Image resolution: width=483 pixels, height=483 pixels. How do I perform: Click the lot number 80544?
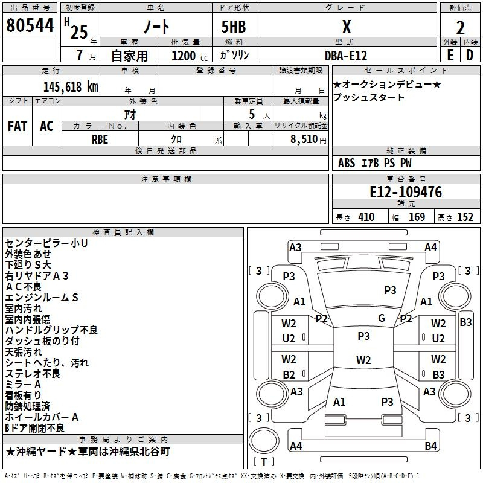coord(30,25)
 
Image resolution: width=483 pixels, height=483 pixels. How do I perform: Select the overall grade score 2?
coord(460,27)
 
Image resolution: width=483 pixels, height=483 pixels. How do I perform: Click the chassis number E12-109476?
coord(406,193)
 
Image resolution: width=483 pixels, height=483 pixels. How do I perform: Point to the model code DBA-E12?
coord(346,55)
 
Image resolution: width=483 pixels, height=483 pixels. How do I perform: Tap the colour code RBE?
coord(100,139)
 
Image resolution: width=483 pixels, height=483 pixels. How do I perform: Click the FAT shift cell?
coord(18,126)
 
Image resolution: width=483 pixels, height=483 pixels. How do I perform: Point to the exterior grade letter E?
coord(450,55)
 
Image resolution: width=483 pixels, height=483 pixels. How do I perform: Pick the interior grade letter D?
coord(470,55)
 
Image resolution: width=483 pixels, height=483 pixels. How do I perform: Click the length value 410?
coord(366,217)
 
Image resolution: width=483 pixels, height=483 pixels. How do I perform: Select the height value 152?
coord(465,217)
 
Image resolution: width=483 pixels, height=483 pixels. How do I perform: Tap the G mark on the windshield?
coord(381,318)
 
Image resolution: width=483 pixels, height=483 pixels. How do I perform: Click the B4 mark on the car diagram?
coord(430,446)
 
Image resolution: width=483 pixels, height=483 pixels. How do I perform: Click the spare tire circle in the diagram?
coord(264,442)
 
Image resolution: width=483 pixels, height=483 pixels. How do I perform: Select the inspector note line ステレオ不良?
coord(33,374)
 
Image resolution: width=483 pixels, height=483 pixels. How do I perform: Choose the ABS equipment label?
coord(347,163)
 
